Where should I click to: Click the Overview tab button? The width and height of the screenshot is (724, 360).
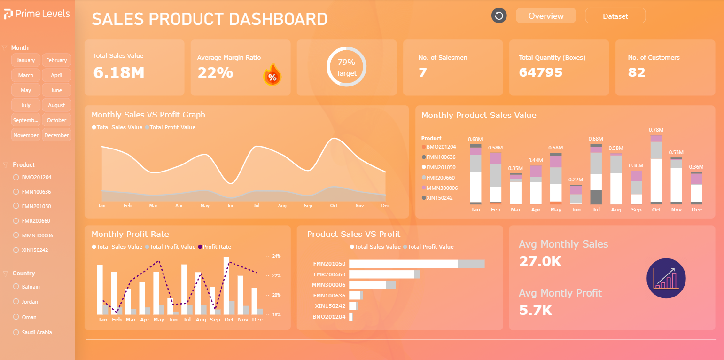pos(545,16)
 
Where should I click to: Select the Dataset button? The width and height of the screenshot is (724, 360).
pos(615,16)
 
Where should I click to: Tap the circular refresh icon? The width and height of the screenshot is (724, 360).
pos(499,16)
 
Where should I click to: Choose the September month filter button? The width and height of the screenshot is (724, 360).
pos(26,120)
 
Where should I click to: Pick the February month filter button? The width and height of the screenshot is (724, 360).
pos(56,60)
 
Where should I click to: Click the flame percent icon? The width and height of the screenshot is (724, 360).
pos(272,76)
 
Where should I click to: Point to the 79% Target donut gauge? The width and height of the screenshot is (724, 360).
pos(346,67)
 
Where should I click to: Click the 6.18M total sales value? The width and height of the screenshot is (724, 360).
pos(118,72)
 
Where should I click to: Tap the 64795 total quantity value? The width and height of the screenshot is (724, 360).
pos(540,72)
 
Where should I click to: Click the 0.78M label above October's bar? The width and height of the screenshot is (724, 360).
pos(656,130)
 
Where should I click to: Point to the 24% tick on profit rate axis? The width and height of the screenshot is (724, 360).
pos(276,256)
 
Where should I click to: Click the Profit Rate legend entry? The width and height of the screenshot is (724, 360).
pos(216,247)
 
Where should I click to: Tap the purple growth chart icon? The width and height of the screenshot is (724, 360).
pos(666,278)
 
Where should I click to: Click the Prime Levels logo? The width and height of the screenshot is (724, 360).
pos(37,14)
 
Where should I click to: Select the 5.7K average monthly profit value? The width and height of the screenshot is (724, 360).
pos(535,310)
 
